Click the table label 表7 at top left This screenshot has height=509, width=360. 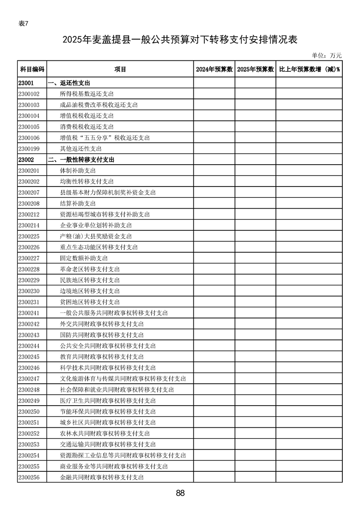[x=24, y=24]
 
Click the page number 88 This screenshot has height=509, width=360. [x=180, y=494]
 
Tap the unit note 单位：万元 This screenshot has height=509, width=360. [x=326, y=55]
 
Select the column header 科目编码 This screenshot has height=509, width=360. [x=32, y=69]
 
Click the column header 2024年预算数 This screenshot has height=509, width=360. [x=214, y=69]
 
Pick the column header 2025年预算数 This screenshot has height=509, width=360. [x=256, y=69]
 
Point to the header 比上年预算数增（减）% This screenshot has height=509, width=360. [x=309, y=69]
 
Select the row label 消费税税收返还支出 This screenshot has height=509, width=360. [x=87, y=127]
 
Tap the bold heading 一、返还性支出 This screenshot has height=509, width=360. [x=69, y=83]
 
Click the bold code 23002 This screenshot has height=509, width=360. [x=26, y=160]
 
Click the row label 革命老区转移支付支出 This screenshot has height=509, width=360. [x=90, y=269]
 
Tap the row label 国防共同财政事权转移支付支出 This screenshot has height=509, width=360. [x=102, y=335]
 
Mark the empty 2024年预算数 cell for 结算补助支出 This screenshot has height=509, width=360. [x=214, y=203]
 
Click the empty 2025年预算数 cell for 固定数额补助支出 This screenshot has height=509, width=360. [x=256, y=258]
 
